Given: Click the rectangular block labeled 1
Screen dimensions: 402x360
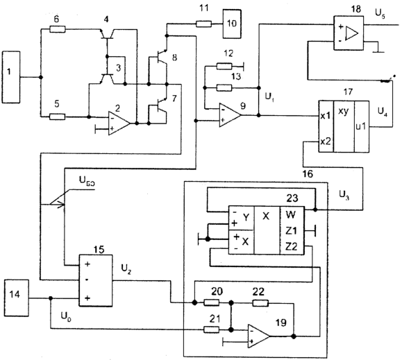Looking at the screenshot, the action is pos(11,77).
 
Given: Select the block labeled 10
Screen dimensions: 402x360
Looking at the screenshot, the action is pos(232,24).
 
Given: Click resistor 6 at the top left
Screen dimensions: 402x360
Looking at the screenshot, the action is pos(58,29).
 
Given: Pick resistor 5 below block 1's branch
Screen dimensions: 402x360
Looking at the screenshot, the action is pos(57,117).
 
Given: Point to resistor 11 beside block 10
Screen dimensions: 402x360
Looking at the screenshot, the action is pos(204,24).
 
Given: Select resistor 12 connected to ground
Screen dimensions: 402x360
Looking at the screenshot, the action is pos(224,67).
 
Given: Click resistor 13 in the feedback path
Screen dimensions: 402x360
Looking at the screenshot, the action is pos(224,88).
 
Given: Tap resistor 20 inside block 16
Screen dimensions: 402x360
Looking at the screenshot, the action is pos(212,302).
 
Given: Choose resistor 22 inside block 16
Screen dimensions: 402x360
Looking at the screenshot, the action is pos(260,303).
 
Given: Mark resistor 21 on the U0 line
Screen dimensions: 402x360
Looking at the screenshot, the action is pos(212,329).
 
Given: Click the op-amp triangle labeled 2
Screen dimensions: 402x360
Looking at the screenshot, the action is pos(119,123).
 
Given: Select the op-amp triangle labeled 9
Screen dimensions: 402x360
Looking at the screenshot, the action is pos(230,115).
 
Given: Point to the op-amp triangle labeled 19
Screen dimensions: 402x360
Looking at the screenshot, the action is pos(258,336).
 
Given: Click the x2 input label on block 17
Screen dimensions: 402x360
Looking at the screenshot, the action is pos(326,142).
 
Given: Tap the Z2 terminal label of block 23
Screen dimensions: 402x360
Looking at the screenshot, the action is pos(291,246).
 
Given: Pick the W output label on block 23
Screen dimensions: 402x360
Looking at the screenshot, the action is pos(290,214).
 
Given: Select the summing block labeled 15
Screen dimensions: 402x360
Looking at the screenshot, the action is pos(96,280).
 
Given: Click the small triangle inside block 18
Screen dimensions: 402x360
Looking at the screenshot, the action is pos(351,33).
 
